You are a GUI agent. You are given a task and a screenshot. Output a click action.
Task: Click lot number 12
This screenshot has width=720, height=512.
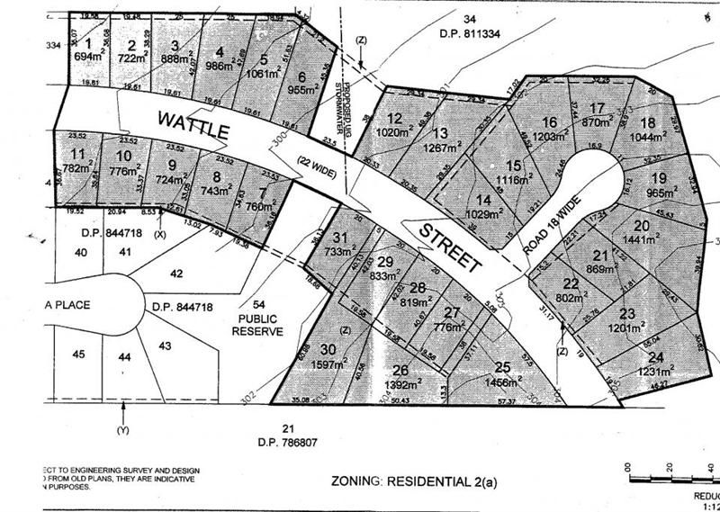pyautogui.click(x=393, y=119)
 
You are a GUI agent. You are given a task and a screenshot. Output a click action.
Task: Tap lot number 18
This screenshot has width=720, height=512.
pyautogui.click(x=647, y=123)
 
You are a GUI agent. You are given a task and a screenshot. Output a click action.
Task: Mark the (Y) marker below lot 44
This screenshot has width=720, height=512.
pyautogui.click(x=122, y=429)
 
